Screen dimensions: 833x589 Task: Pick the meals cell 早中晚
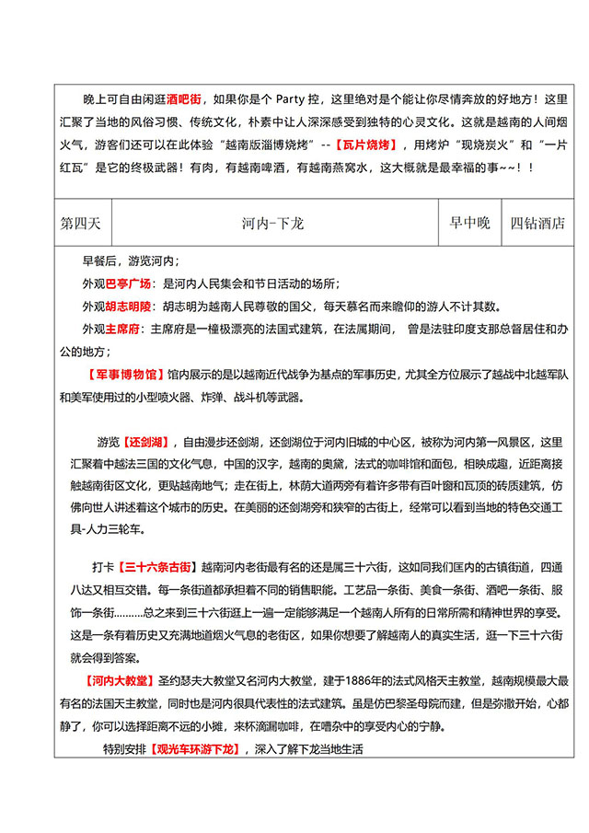(x=469, y=224)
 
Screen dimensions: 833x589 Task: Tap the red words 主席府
(x=121, y=329)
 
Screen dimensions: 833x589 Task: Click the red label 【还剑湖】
(x=147, y=441)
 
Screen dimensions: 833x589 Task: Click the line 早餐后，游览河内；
(x=131, y=261)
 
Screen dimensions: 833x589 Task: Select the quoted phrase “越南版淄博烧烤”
(x=263, y=145)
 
